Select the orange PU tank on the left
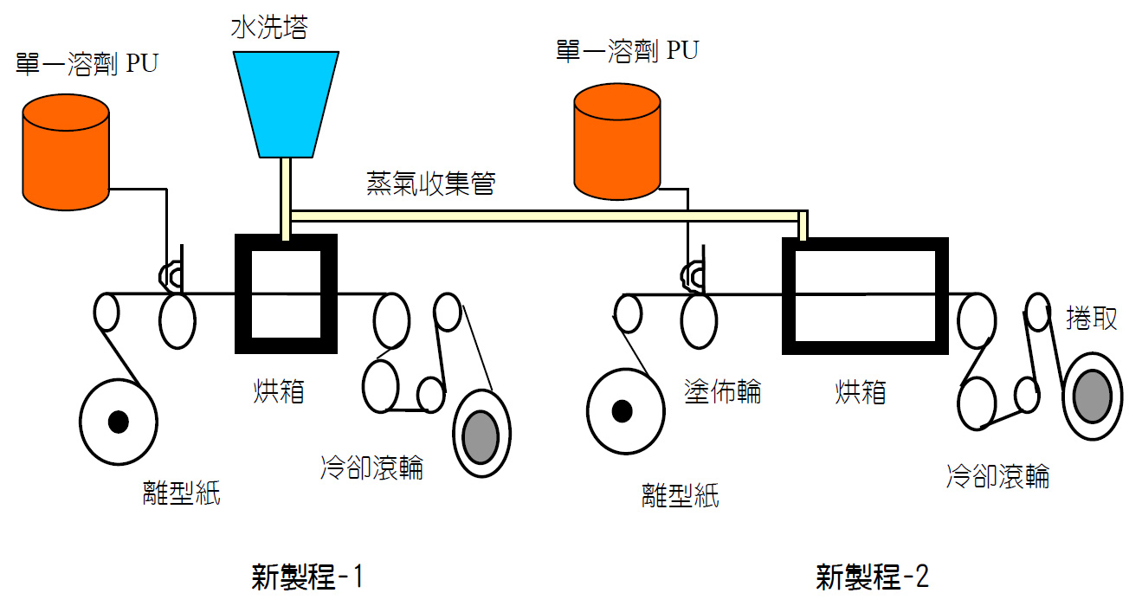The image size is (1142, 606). [x=66, y=152]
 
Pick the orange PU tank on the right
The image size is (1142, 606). [x=617, y=143]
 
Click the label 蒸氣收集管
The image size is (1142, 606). [x=430, y=184]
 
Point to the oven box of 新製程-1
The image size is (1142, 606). [x=286, y=293]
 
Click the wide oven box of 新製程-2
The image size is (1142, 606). [x=864, y=295]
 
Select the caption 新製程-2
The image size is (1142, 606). [x=872, y=577]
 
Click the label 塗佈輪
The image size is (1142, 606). [x=723, y=391]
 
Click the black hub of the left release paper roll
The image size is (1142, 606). [x=118, y=422]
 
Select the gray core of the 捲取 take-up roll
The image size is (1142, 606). [x=1092, y=396]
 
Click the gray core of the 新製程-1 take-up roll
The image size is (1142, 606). [x=481, y=433]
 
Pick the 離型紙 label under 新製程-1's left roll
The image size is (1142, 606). [x=182, y=493]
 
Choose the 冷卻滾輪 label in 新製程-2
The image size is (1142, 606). [x=998, y=475]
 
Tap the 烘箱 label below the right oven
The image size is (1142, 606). [x=861, y=391]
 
